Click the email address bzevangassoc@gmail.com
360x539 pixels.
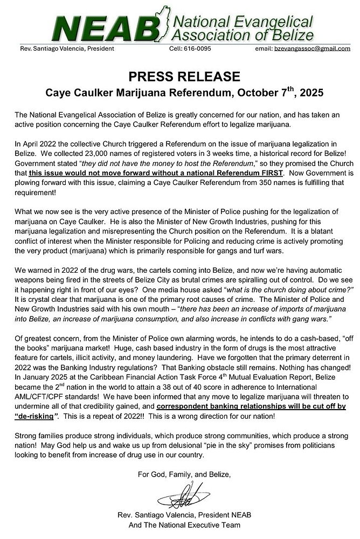pos(312,49)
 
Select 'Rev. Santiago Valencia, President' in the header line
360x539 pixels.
pos(66,49)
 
